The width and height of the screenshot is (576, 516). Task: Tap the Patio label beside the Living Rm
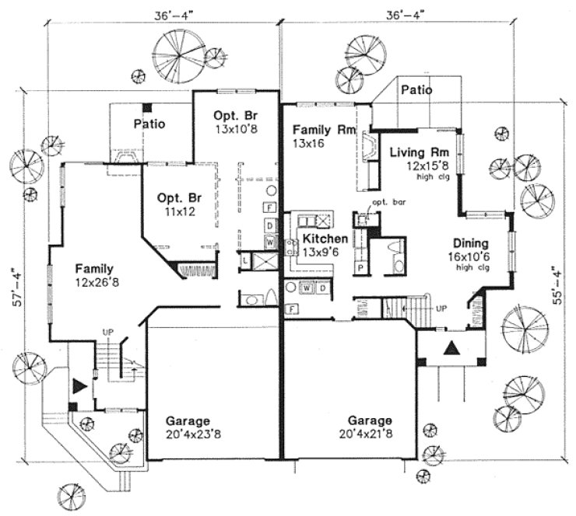416,91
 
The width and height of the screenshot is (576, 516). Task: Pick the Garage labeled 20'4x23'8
193,428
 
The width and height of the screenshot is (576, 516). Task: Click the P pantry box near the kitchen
361,267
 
